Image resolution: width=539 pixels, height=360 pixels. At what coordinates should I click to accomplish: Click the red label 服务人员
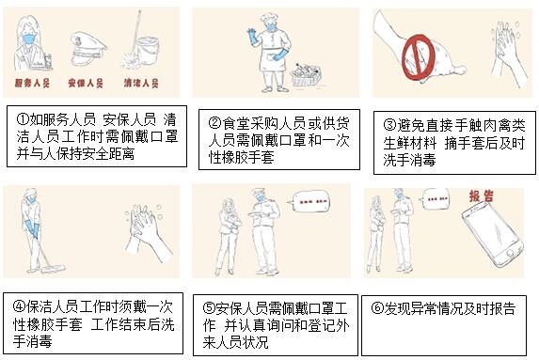coord(32,83)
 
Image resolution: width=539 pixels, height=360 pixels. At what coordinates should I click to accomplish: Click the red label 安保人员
coord(86,83)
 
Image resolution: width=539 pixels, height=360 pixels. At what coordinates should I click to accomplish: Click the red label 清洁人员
coord(141,83)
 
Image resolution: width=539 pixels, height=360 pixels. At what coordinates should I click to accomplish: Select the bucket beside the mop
coord(149,51)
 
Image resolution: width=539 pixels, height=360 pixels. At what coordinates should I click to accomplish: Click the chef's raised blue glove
coord(254,37)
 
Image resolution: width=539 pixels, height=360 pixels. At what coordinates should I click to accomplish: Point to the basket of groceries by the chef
coord(306,75)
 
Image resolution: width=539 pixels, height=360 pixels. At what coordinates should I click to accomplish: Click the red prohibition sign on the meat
coord(419,56)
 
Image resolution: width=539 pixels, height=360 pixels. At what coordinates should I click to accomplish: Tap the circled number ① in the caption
coord(23,119)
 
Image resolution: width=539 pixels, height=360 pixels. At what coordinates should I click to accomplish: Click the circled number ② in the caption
coord(214,123)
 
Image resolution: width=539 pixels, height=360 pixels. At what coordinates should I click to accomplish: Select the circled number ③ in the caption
coord(389,125)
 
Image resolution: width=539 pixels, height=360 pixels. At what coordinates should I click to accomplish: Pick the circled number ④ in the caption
coord(19,306)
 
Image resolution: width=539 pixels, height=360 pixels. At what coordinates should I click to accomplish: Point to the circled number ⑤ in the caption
coord(209,308)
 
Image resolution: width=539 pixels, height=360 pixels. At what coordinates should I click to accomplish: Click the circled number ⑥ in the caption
coord(377,308)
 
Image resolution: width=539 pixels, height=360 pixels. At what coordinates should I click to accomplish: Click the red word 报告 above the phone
coord(482,196)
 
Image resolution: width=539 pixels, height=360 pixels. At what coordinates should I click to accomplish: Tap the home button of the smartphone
coord(510,253)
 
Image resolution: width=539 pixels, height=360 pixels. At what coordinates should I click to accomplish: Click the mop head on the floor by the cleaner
coord(54,268)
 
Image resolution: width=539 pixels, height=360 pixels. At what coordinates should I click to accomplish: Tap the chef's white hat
coord(269,18)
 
